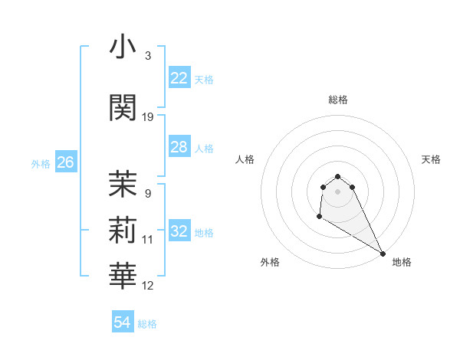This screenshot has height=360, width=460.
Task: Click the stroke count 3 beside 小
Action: click(147, 56)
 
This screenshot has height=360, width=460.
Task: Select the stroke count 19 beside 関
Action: click(148, 116)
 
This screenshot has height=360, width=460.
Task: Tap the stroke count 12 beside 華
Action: click(148, 286)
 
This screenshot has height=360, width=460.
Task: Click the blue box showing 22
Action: click(179, 78)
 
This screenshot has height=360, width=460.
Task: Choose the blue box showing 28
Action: click(179, 147)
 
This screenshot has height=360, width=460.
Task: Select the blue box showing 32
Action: click(179, 232)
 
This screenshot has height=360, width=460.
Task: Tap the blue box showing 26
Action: click(65, 162)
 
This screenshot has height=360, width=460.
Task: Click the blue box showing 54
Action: click(122, 322)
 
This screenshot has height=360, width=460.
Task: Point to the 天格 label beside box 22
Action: click(204, 80)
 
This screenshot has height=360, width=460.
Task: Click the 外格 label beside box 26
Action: click(41, 164)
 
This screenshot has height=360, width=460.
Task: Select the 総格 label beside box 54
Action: click(147, 324)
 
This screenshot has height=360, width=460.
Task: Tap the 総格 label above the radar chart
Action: click(338, 100)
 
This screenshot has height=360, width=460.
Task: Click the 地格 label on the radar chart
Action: click(402, 262)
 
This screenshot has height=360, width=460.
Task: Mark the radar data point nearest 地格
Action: click(383, 254)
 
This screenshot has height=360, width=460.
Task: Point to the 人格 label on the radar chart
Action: click(245, 159)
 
